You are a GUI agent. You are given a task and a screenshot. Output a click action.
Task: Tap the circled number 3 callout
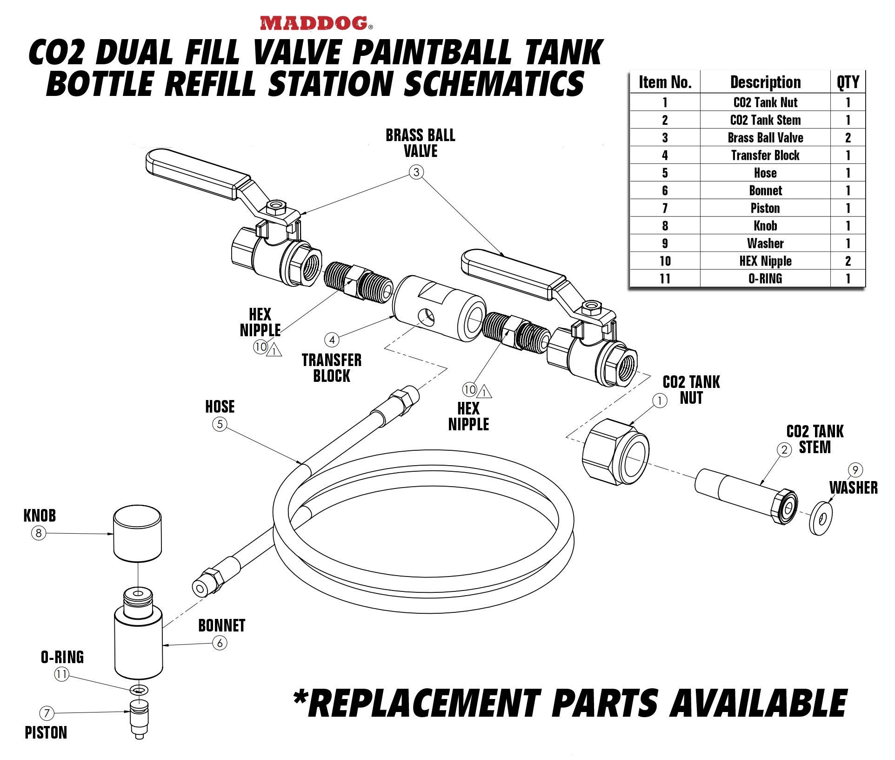pos(416,172)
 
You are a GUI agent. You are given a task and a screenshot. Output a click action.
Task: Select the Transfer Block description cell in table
pos(765,155)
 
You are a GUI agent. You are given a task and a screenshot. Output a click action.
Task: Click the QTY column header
pos(848,82)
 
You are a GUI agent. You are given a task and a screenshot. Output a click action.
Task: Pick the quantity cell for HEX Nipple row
pos(848,261)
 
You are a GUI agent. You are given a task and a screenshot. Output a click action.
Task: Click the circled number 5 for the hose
pos(220,424)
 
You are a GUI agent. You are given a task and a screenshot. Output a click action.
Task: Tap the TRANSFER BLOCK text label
pos(331,368)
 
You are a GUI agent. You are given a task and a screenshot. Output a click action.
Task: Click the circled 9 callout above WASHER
pos(855,470)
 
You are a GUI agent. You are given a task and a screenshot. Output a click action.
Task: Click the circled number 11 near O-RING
pos(61,674)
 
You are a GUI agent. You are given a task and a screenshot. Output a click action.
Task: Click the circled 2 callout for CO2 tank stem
pos(784,450)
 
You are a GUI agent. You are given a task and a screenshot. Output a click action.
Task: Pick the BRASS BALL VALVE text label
pos(420,143)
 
